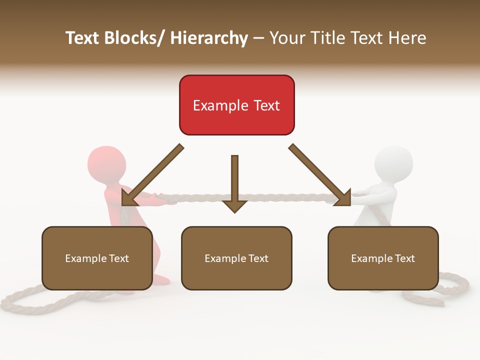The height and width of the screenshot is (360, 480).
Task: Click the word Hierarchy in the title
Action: coord(209,38)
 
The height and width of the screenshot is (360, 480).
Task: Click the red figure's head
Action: coord(106,163)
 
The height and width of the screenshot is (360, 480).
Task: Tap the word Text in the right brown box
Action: coord(404,258)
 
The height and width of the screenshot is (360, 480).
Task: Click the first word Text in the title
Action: coord(83,38)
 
